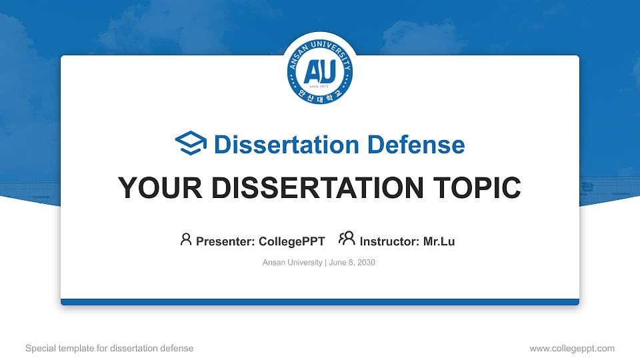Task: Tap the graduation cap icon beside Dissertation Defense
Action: click(x=191, y=144)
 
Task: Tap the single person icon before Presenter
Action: click(x=186, y=239)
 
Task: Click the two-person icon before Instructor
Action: click(x=347, y=239)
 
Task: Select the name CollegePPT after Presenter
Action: click(x=292, y=241)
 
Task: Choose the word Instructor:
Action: click(x=389, y=241)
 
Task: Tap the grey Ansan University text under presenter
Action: click(x=292, y=263)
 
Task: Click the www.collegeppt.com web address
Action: click(x=571, y=348)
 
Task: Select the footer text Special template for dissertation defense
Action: click(x=109, y=348)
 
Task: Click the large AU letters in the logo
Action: click(x=320, y=71)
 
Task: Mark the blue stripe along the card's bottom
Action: click(x=320, y=302)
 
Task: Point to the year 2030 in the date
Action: click(x=366, y=263)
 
